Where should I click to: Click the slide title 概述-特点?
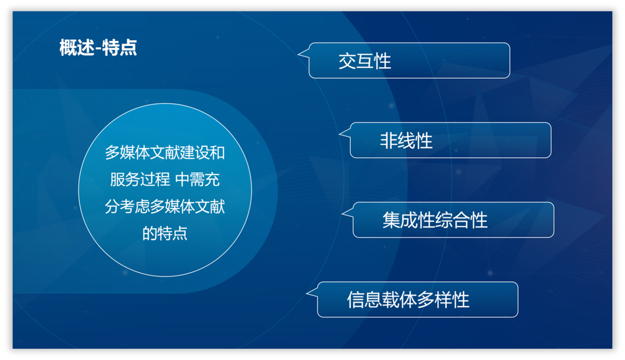(98, 48)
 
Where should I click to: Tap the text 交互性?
(365, 61)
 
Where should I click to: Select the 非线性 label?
(406, 141)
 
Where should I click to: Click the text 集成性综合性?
(435, 220)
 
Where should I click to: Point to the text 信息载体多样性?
(408, 299)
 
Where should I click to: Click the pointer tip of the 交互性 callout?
(298, 54)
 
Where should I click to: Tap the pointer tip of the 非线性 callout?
(339, 134)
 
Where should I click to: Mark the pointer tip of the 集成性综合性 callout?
(342, 214)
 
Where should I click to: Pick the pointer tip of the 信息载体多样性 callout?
(306, 293)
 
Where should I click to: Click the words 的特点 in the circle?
(165, 233)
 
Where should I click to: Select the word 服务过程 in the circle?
(140, 179)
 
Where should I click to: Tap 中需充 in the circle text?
(197, 179)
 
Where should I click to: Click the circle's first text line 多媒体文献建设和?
(165, 153)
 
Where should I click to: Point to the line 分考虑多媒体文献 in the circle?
(165, 207)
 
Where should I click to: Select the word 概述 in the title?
(77, 48)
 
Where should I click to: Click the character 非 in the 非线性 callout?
(389, 141)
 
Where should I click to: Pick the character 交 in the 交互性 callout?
(347, 61)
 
